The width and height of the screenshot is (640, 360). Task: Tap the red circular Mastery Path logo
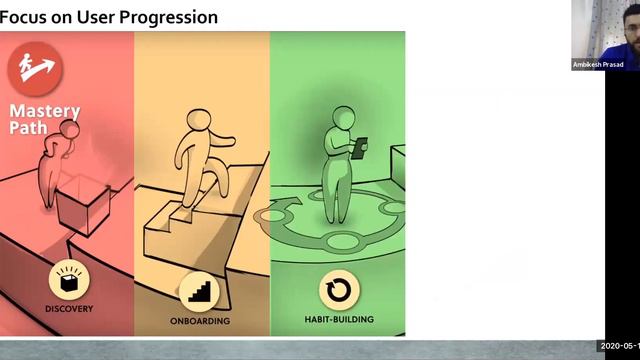[x=35, y=69]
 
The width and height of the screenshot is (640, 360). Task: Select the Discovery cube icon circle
[x=68, y=281]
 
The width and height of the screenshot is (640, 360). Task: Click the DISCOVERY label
[x=68, y=309]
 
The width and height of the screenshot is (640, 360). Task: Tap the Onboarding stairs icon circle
[x=200, y=290]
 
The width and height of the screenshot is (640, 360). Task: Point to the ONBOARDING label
[x=200, y=321]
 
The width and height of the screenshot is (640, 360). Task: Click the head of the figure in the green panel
[x=342, y=117]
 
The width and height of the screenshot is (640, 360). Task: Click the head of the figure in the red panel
[x=69, y=130]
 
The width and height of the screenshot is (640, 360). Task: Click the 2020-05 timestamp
[x=619, y=346]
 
